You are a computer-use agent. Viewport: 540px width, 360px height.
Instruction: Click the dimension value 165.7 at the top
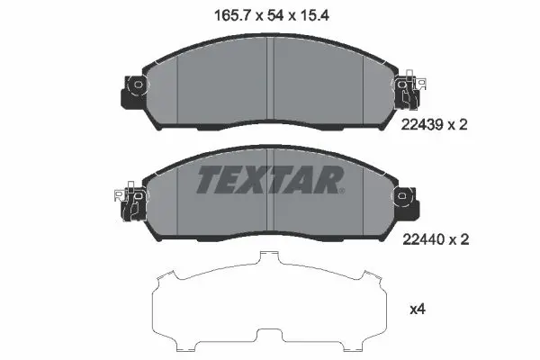(x=232, y=15)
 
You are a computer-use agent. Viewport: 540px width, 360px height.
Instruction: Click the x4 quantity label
(x=418, y=310)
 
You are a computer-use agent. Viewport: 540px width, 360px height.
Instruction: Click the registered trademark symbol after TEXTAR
(x=342, y=191)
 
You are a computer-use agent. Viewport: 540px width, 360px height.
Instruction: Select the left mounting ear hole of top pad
(x=138, y=84)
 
